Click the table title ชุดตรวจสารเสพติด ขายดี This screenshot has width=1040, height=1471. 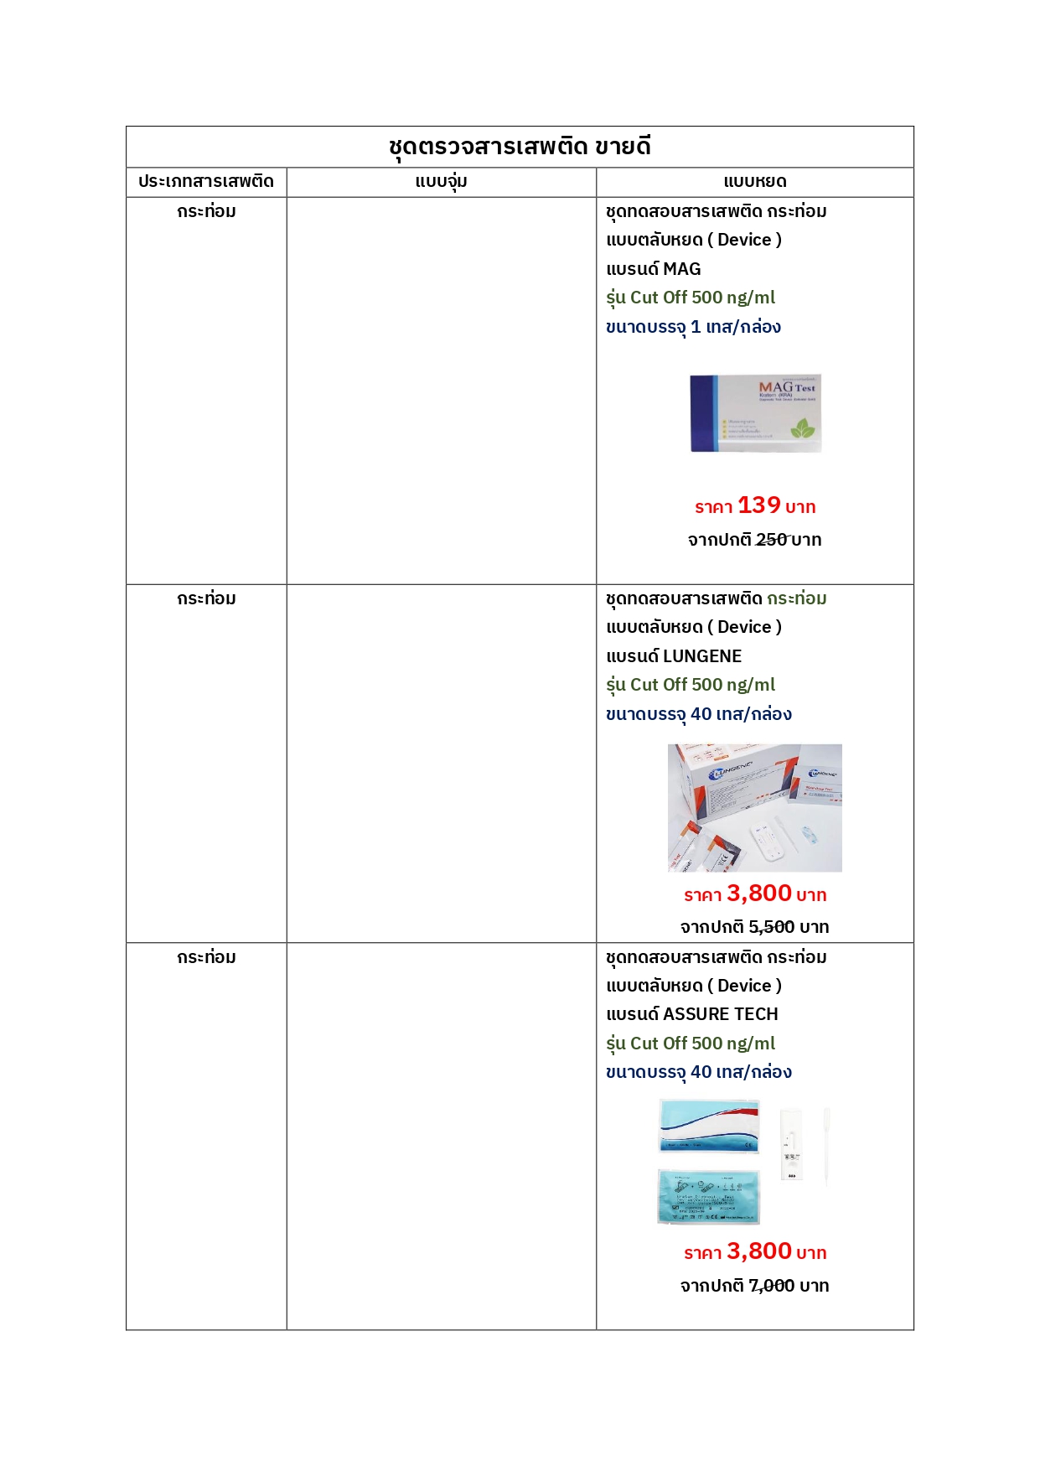(520, 147)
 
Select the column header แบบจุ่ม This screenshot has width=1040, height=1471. (441, 181)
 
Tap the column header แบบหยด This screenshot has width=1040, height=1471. (754, 181)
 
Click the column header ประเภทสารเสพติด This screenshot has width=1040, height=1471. (206, 181)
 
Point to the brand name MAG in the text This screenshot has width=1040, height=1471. (682, 269)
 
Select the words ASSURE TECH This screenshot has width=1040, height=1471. (721, 1014)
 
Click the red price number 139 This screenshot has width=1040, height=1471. (758, 505)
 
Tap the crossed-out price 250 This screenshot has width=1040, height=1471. (772, 540)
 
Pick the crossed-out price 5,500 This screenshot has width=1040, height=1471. (771, 927)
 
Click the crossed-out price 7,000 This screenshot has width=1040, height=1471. (771, 1286)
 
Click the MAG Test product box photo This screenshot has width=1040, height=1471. (754, 413)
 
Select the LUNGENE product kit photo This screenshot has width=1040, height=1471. (754, 808)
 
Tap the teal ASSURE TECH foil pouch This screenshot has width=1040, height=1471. (709, 1197)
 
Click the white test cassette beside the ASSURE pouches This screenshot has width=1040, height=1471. (791, 1144)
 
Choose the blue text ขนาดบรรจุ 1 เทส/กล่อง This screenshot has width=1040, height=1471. (693, 327)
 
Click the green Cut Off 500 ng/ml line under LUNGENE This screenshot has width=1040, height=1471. (691, 685)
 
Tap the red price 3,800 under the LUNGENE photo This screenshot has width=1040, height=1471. (759, 893)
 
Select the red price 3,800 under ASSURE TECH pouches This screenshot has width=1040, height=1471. (759, 1251)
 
